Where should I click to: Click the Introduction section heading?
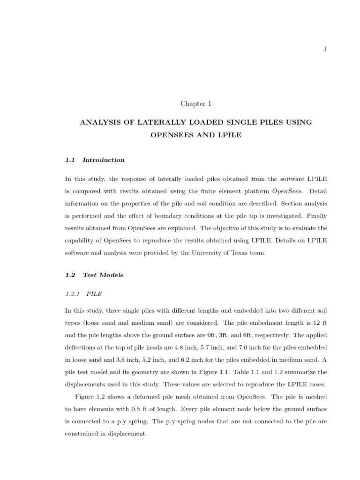(103, 160)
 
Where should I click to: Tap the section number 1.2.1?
(73, 294)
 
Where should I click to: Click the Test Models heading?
(103, 275)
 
